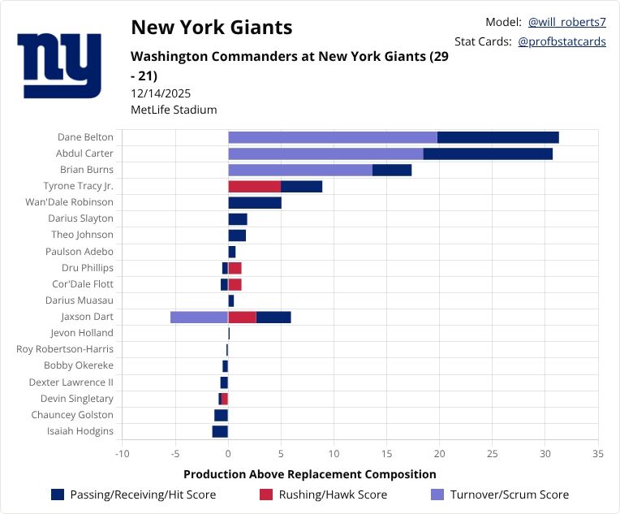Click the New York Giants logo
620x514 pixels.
(x=59, y=65)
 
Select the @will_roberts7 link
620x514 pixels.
(x=566, y=22)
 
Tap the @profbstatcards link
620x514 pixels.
(x=562, y=41)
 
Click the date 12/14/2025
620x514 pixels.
(x=161, y=93)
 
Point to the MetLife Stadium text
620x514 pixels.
(x=174, y=110)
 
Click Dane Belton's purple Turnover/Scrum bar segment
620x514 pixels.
(x=333, y=137)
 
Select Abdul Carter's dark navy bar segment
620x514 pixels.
(x=488, y=153)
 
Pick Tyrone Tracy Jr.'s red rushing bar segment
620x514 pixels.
(x=254, y=186)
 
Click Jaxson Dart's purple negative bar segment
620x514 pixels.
(x=199, y=317)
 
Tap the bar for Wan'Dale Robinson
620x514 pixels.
(x=255, y=202)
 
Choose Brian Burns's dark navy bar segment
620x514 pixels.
(x=392, y=170)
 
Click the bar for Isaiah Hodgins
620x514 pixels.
(x=220, y=431)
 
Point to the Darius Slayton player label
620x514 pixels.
(x=80, y=218)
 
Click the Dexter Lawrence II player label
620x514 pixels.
(x=71, y=382)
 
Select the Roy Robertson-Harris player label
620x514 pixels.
(x=65, y=349)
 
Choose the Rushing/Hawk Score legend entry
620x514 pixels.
(x=324, y=495)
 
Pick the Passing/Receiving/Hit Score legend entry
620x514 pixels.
(x=132, y=495)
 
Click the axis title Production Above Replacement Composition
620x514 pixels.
(x=309, y=474)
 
